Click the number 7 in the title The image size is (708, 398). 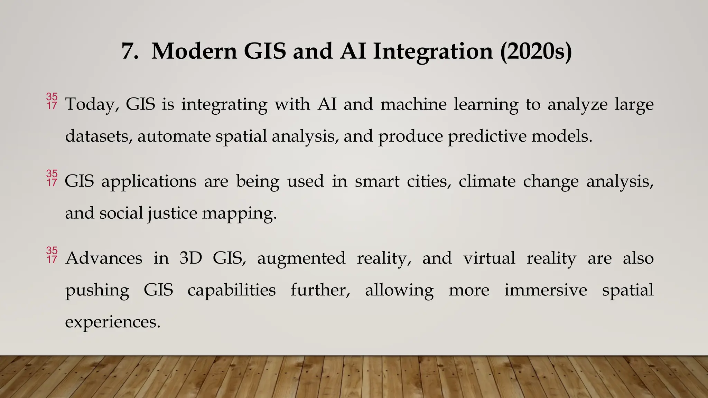tap(130, 51)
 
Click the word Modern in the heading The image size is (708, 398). tap(194, 51)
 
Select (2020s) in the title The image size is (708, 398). tap(536, 51)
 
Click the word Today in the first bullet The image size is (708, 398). tap(92, 104)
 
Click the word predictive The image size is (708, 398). tap(487, 136)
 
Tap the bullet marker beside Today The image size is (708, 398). tap(52, 101)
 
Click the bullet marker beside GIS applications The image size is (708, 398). tap(52, 178)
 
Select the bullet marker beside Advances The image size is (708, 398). tap(52, 255)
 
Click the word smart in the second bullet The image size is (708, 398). tap(377, 181)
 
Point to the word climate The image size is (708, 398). tap(487, 181)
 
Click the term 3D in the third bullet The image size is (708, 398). tap(190, 258)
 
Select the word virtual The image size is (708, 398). tap(489, 258)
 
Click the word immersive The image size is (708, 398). tap(546, 290)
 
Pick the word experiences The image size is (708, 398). tap(113, 322)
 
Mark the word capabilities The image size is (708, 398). tap(232, 290)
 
